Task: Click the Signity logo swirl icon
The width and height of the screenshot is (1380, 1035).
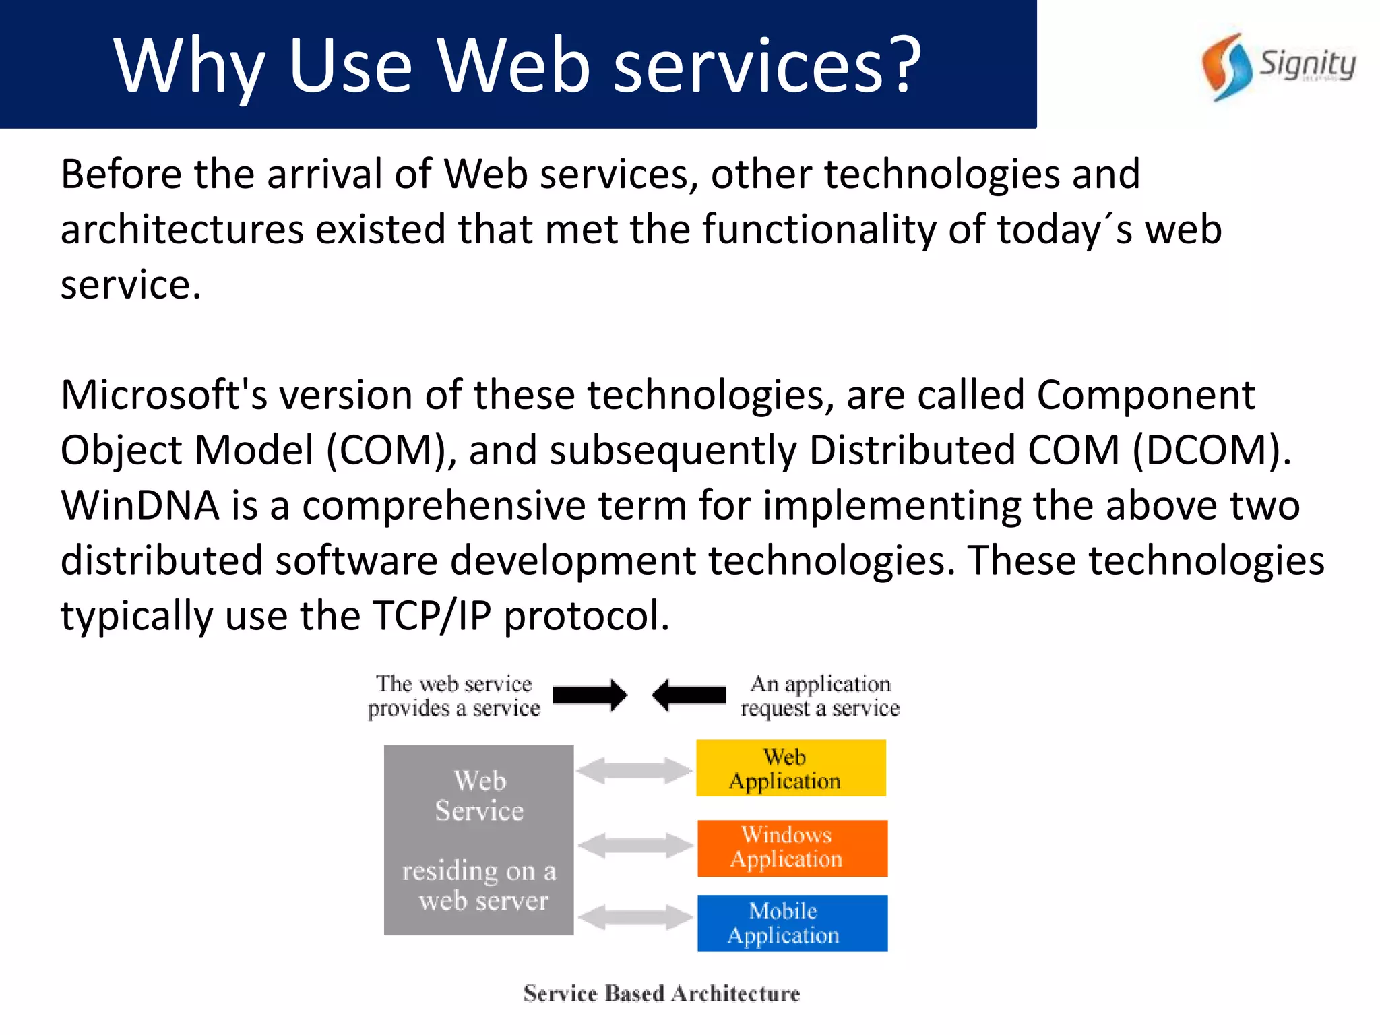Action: click(x=1226, y=67)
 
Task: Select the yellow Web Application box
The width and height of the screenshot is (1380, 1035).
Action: click(x=790, y=768)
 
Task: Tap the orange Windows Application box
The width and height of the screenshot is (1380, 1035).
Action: click(x=792, y=848)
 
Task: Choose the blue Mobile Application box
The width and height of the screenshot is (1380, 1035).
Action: click(x=792, y=923)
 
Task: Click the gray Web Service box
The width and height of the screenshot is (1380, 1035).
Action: click(x=478, y=840)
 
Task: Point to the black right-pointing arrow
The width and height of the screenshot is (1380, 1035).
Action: click(x=590, y=695)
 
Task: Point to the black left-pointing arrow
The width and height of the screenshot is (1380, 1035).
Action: click(x=689, y=695)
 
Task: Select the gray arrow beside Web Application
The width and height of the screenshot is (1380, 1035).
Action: click(x=634, y=770)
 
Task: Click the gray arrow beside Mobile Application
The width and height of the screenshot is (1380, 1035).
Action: click(x=635, y=916)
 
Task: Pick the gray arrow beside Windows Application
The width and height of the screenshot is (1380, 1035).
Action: click(x=635, y=845)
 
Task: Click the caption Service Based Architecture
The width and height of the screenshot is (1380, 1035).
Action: click(x=662, y=993)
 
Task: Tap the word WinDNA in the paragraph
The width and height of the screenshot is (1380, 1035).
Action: click(x=140, y=505)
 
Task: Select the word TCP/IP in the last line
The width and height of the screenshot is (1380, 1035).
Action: click(x=432, y=616)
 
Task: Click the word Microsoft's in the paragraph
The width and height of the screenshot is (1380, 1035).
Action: click(x=164, y=395)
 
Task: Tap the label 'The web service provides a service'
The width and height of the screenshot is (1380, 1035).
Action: click(x=453, y=696)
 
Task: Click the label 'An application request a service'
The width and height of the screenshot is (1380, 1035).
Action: click(x=820, y=696)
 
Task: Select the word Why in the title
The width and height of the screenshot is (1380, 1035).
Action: click(x=189, y=66)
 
